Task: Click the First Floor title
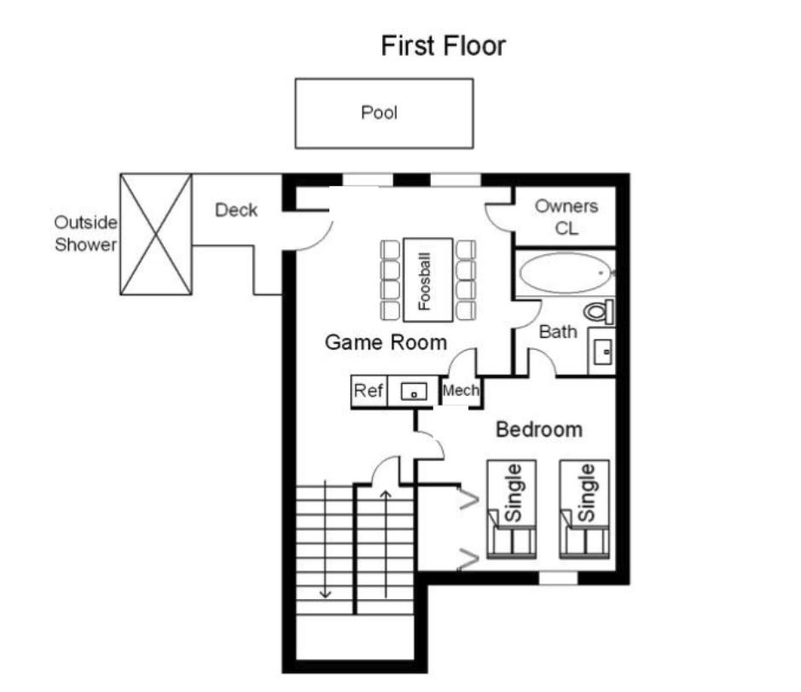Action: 443,45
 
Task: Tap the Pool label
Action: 380,113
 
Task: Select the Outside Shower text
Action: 85,233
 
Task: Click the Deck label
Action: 236,210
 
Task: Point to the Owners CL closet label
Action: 566,217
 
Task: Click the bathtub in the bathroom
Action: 566,274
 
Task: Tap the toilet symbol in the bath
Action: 600,312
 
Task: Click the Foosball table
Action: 427,280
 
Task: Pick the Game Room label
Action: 386,343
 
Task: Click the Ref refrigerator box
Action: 369,392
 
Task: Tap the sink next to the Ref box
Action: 414,392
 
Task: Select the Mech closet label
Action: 461,392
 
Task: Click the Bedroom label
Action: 539,429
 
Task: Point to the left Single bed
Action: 512,509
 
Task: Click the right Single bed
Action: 585,509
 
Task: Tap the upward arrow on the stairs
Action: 386,542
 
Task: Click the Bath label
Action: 558,332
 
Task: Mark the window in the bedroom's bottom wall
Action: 559,579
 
